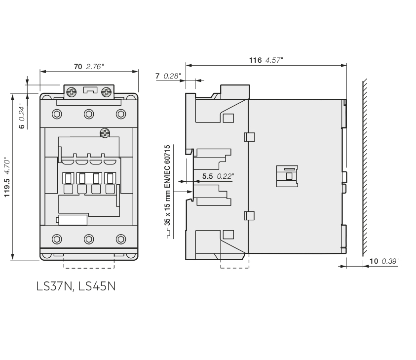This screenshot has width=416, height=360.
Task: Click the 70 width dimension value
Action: [78, 67]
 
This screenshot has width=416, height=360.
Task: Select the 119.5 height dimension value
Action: [7, 188]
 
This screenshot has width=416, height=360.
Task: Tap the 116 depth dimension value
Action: [255, 60]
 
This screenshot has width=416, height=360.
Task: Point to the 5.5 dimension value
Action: [207, 176]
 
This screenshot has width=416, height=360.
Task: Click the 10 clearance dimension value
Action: [374, 261]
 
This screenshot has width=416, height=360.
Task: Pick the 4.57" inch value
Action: [274, 60]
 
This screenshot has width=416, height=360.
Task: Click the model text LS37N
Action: [54, 286]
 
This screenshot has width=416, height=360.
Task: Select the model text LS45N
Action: [97, 286]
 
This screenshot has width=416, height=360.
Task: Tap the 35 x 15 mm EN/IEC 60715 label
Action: [167, 185]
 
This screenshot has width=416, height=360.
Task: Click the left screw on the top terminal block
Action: [72, 92]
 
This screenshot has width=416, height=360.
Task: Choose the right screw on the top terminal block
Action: [106, 92]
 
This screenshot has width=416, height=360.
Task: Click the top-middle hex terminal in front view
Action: [89, 114]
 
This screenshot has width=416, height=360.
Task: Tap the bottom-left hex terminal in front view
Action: [57, 239]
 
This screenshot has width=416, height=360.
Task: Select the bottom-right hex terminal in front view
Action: [121, 239]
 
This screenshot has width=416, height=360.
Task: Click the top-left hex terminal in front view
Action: [57, 114]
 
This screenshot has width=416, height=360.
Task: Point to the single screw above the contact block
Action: [105, 133]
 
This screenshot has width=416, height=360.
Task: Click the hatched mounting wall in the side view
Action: [365, 167]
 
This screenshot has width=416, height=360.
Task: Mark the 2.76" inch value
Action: [95, 67]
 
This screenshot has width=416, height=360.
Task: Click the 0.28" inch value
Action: [172, 76]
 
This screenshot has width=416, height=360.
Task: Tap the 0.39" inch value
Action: [390, 261]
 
